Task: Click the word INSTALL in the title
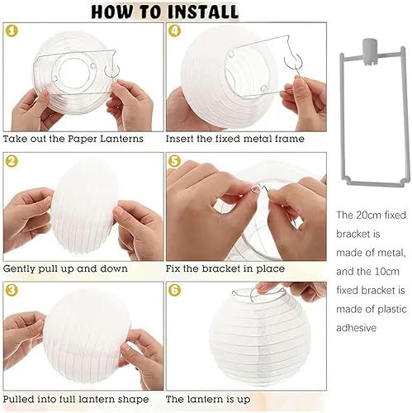(203, 12)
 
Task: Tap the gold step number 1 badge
(12, 31)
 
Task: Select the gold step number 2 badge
(12, 161)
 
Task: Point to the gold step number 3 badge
(12, 290)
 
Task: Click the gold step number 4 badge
(174, 31)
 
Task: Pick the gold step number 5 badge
(174, 161)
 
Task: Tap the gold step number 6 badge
(174, 290)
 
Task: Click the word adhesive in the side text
(356, 328)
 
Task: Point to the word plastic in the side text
(392, 310)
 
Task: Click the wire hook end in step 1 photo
(111, 72)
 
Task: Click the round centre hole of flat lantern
(74, 73)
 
